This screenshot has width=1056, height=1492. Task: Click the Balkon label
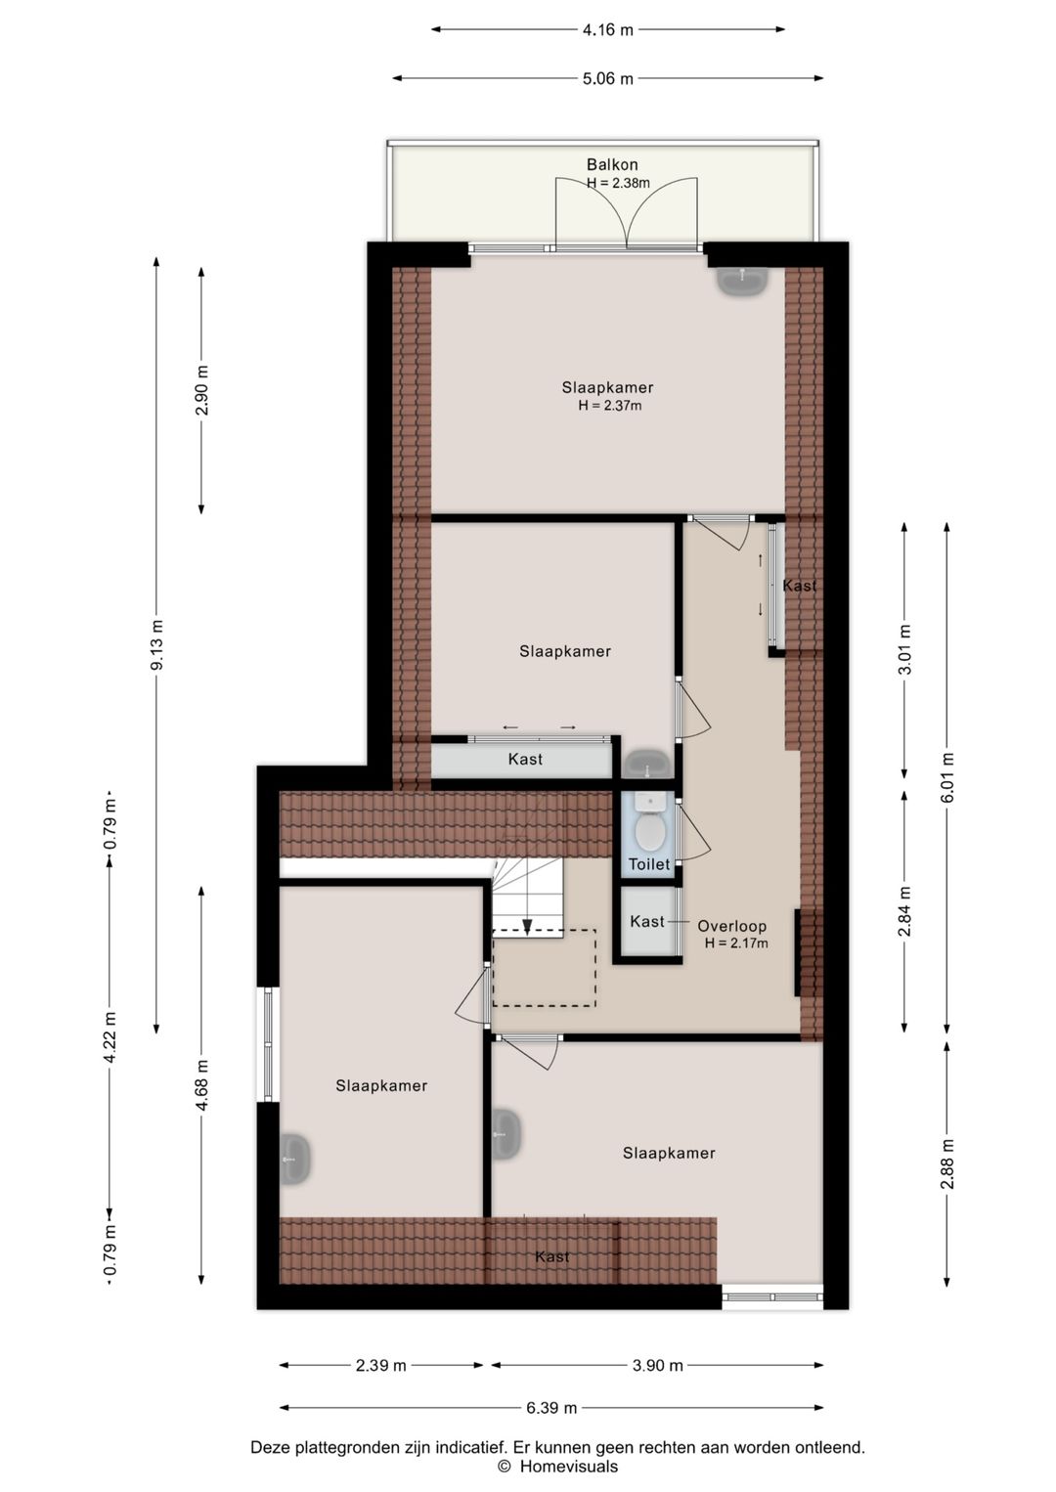coord(612,164)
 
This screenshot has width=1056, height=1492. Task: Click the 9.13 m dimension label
coord(156,645)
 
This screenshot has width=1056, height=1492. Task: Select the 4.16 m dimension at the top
coord(607,29)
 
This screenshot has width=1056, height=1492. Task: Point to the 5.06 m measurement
coord(607,78)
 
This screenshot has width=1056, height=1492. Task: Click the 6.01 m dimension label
coord(947,776)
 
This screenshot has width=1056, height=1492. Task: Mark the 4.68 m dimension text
coord(201,1085)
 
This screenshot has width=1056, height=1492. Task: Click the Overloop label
coord(731,926)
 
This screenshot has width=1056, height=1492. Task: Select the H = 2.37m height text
coord(609,406)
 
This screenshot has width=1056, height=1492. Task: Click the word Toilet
coord(649,864)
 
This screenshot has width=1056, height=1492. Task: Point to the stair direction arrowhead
coord(527,927)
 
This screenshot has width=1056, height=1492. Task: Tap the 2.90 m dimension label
coord(201,390)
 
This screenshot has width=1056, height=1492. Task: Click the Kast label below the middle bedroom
coord(525,760)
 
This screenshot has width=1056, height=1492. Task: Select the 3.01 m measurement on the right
coord(904,649)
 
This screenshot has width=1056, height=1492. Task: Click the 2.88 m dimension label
coord(947,1163)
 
